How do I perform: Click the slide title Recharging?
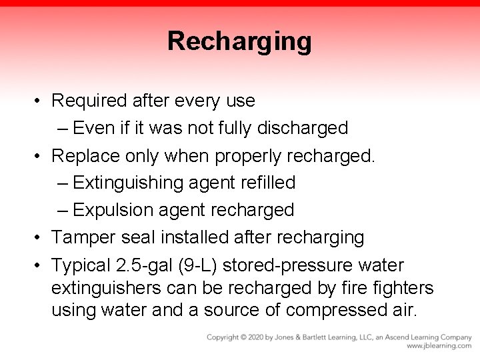[x=239, y=41]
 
